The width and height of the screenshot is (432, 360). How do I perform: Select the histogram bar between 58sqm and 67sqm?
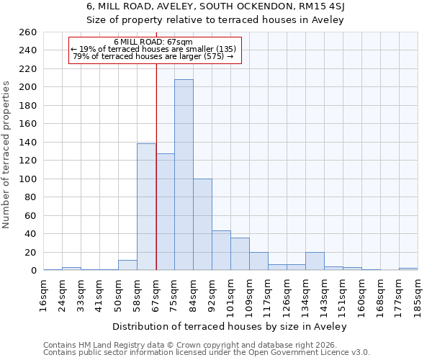146,207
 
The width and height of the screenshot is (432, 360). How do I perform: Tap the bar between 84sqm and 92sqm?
202,225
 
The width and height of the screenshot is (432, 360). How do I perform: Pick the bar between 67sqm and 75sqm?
165,212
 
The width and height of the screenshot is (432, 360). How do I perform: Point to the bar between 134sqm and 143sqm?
315,261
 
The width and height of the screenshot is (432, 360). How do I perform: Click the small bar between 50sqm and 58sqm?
127,265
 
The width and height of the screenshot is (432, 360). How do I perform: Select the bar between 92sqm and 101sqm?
221,251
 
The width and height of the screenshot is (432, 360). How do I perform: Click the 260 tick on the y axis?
28,32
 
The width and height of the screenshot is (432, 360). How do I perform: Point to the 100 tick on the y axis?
28,179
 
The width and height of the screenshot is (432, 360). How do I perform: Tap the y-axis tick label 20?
31,252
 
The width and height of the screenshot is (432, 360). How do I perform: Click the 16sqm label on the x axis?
44,293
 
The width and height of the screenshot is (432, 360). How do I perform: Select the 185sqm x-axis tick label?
418,295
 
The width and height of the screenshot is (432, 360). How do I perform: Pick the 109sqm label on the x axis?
249,295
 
